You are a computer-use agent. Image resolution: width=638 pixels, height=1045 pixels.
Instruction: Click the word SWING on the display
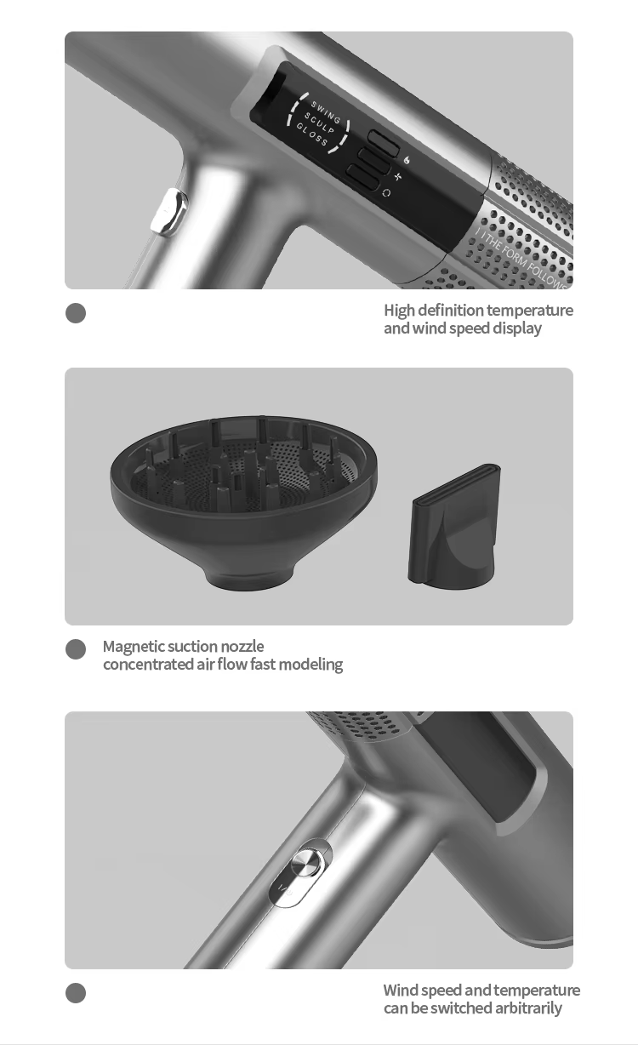point(326,112)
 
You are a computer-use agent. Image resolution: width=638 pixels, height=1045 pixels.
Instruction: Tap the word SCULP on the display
point(320,125)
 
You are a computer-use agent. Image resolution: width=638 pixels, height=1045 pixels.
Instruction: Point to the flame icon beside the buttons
point(407,159)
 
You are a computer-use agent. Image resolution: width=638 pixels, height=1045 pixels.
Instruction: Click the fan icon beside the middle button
point(397,176)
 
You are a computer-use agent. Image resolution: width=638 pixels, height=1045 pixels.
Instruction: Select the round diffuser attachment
point(244,494)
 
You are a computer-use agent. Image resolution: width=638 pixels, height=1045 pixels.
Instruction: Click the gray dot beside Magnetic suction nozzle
point(76,649)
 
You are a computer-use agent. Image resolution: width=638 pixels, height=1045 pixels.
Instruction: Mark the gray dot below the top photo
point(76,313)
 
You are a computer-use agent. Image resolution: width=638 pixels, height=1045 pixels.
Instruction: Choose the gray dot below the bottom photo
point(76,993)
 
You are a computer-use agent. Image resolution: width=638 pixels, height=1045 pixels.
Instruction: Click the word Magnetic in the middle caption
point(133,647)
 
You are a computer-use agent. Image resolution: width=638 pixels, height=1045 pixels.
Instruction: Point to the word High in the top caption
point(399,311)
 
